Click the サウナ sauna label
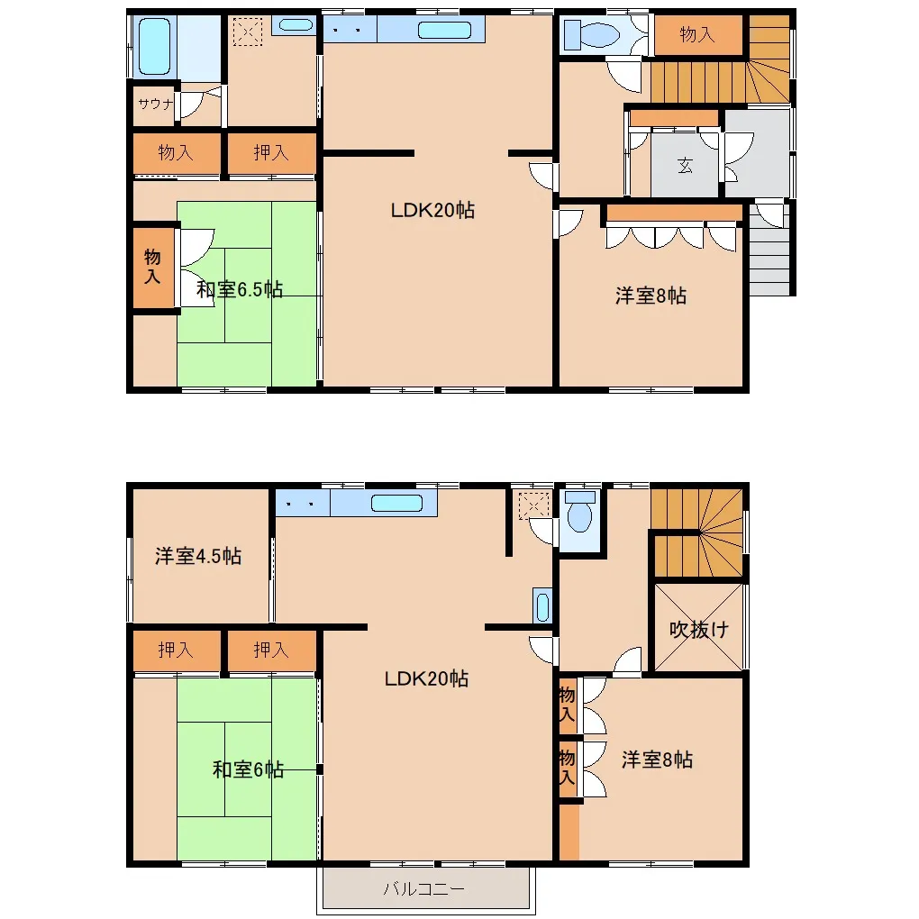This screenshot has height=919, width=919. click(x=155, y=104)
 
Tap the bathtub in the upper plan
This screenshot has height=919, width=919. click(x=154, y=46)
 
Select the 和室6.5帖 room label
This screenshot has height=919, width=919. click(x=240, y=289)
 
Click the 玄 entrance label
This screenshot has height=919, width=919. click(x=685, y=165)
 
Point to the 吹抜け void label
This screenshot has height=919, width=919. click(x=698, y=630)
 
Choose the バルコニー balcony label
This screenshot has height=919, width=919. click(x=423, y=889)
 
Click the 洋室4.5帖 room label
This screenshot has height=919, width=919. click(x=198, y=556)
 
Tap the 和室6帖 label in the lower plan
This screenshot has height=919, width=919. click(x=249, y=769)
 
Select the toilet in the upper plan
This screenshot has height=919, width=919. click(x=592, y=34)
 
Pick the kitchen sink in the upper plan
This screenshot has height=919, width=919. click(x=445, y=30)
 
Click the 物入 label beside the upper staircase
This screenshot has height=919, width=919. click(x=697, y=34)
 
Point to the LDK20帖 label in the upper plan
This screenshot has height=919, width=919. click(x=432, y=210)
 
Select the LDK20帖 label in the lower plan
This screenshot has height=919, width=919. click(x=426, y=678)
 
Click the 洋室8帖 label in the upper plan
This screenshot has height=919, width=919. click(x=651, y=296)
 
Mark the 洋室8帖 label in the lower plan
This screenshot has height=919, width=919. click(x=657, y=760)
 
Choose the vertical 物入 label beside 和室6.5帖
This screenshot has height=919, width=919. click(x=152, y=266)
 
